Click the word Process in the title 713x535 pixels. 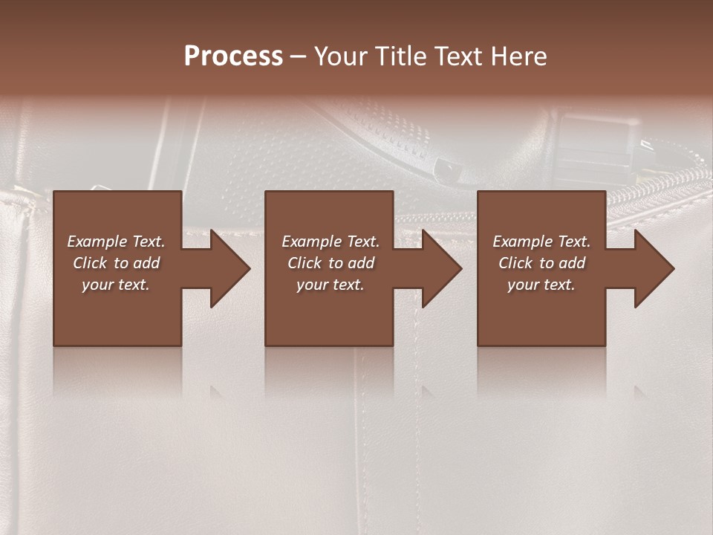[233, 56]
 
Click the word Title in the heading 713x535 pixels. [401, 56]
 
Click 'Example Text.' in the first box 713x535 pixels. [116, 241]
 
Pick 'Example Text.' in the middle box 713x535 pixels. [331, 241]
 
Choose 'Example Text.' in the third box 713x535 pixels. [541, 241]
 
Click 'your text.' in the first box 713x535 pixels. [116, 285]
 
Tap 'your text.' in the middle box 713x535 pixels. [331, 285]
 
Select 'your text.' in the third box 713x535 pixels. [541, 285]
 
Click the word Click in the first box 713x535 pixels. [90, 263]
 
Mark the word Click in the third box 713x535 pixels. [515, 263]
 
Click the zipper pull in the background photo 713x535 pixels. [449, 169]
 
